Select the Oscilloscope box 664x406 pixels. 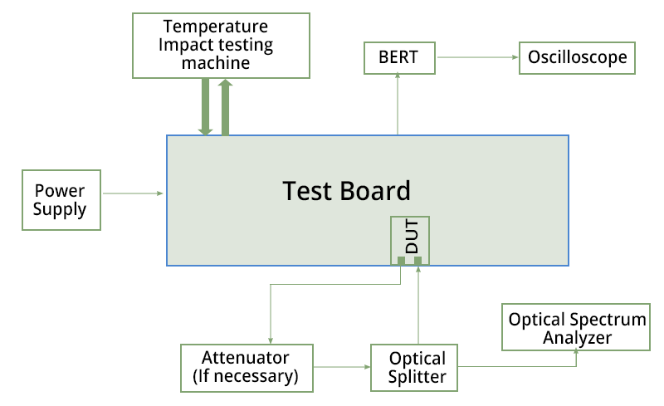pyautogui.click(x=578, y=57)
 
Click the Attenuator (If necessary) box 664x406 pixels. pyautogui.click(x=247, y=368)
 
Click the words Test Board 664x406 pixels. pyautogui.click(x=346, y=191)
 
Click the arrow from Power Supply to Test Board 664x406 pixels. pyautogui.click(x=133, y=193)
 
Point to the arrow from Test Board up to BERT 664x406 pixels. pyautogui.click(x=398, y=104)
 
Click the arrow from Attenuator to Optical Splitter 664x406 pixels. pyautogui.click(x=342, y=365)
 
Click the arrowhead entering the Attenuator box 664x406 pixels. pyautogui.click(x=271, y=337)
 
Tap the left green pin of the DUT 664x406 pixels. pyautogui.click(x=401, y=261)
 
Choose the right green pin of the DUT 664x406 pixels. pyautogui.click(x=418, y=261)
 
